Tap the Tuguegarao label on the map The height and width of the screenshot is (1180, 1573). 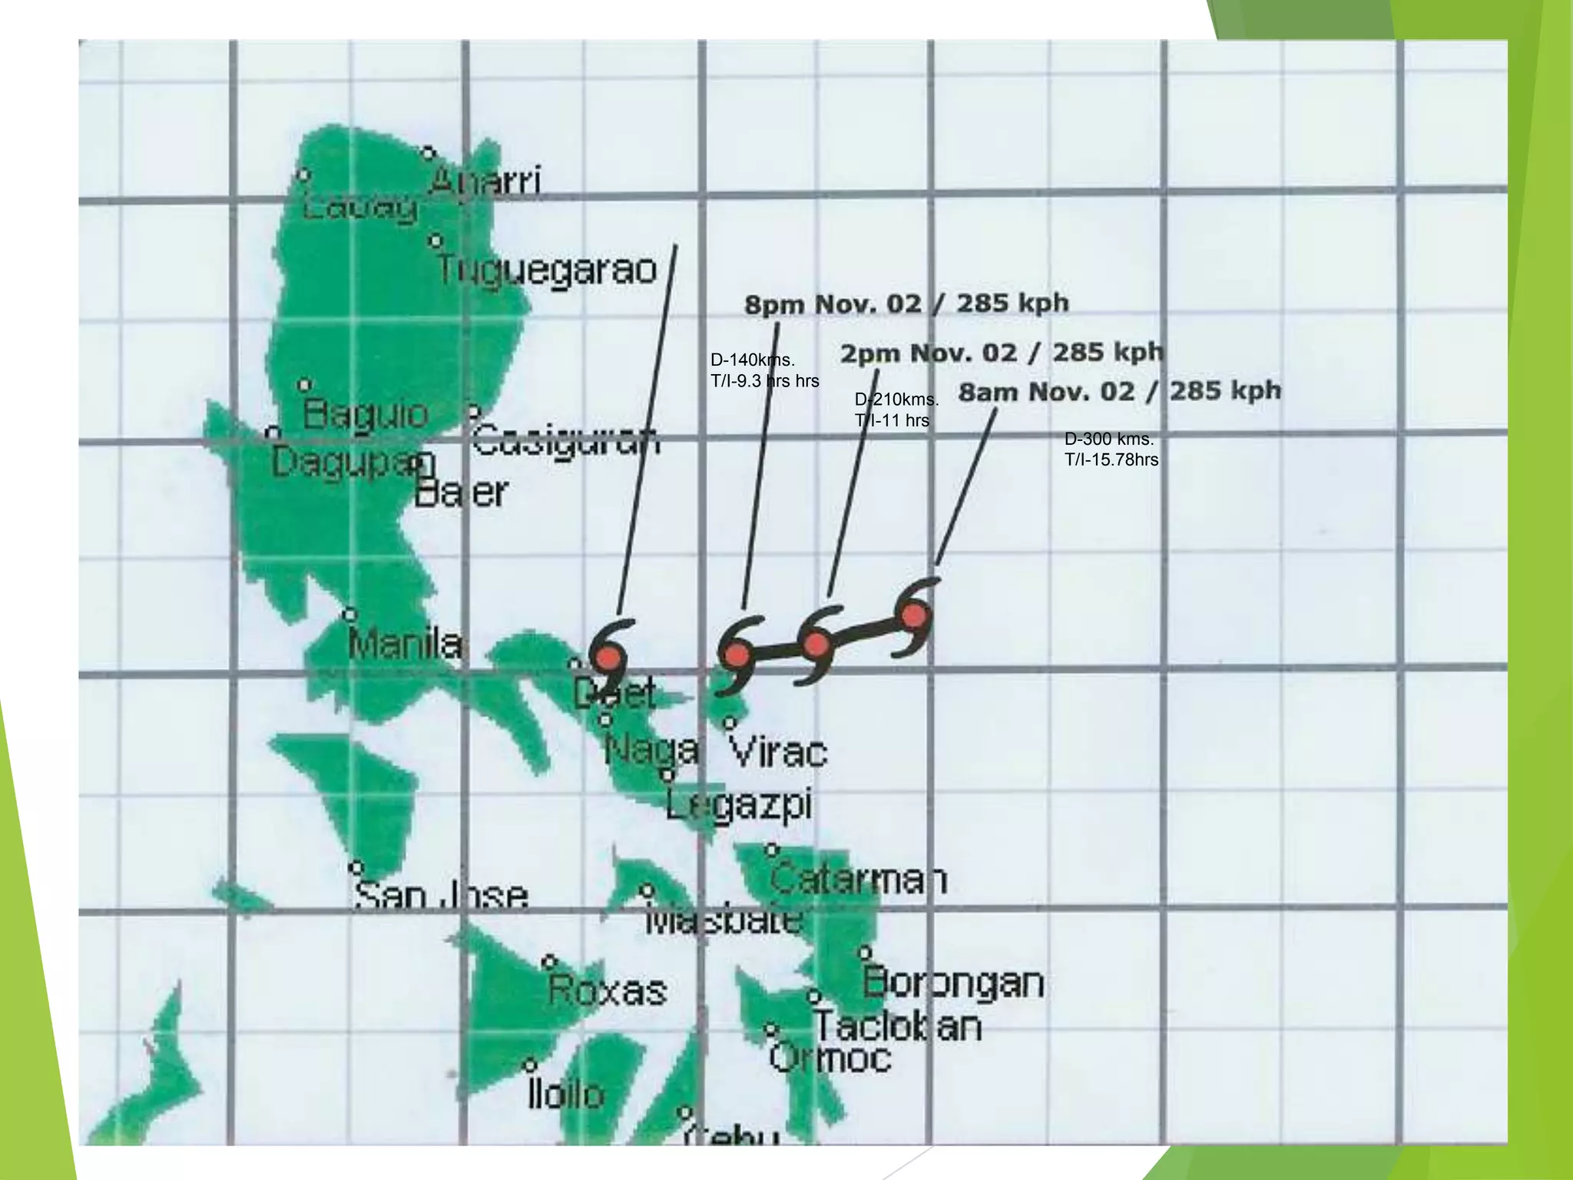[547, 270]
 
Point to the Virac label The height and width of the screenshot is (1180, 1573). [778, 752]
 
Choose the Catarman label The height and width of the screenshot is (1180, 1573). [859, 879]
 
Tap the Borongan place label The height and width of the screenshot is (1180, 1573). [954, 983]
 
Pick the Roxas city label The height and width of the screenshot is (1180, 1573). [607, 991]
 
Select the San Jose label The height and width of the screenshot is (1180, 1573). [441, 896]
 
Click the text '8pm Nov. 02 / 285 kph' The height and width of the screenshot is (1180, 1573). [906, 304]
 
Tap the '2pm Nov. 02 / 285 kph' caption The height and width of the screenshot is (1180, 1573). [1002, 353]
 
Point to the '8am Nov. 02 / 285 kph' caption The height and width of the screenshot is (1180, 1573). [1120, 392]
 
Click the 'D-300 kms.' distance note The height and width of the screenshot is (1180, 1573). [1109, 439]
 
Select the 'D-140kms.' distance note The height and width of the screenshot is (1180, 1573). [753, 360]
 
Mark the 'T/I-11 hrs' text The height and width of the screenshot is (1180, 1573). [892, 420]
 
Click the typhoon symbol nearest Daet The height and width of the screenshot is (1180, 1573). [608, 658]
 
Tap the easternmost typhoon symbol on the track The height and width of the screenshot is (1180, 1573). [914, 616]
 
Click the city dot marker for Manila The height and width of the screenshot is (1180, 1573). [349, 615]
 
